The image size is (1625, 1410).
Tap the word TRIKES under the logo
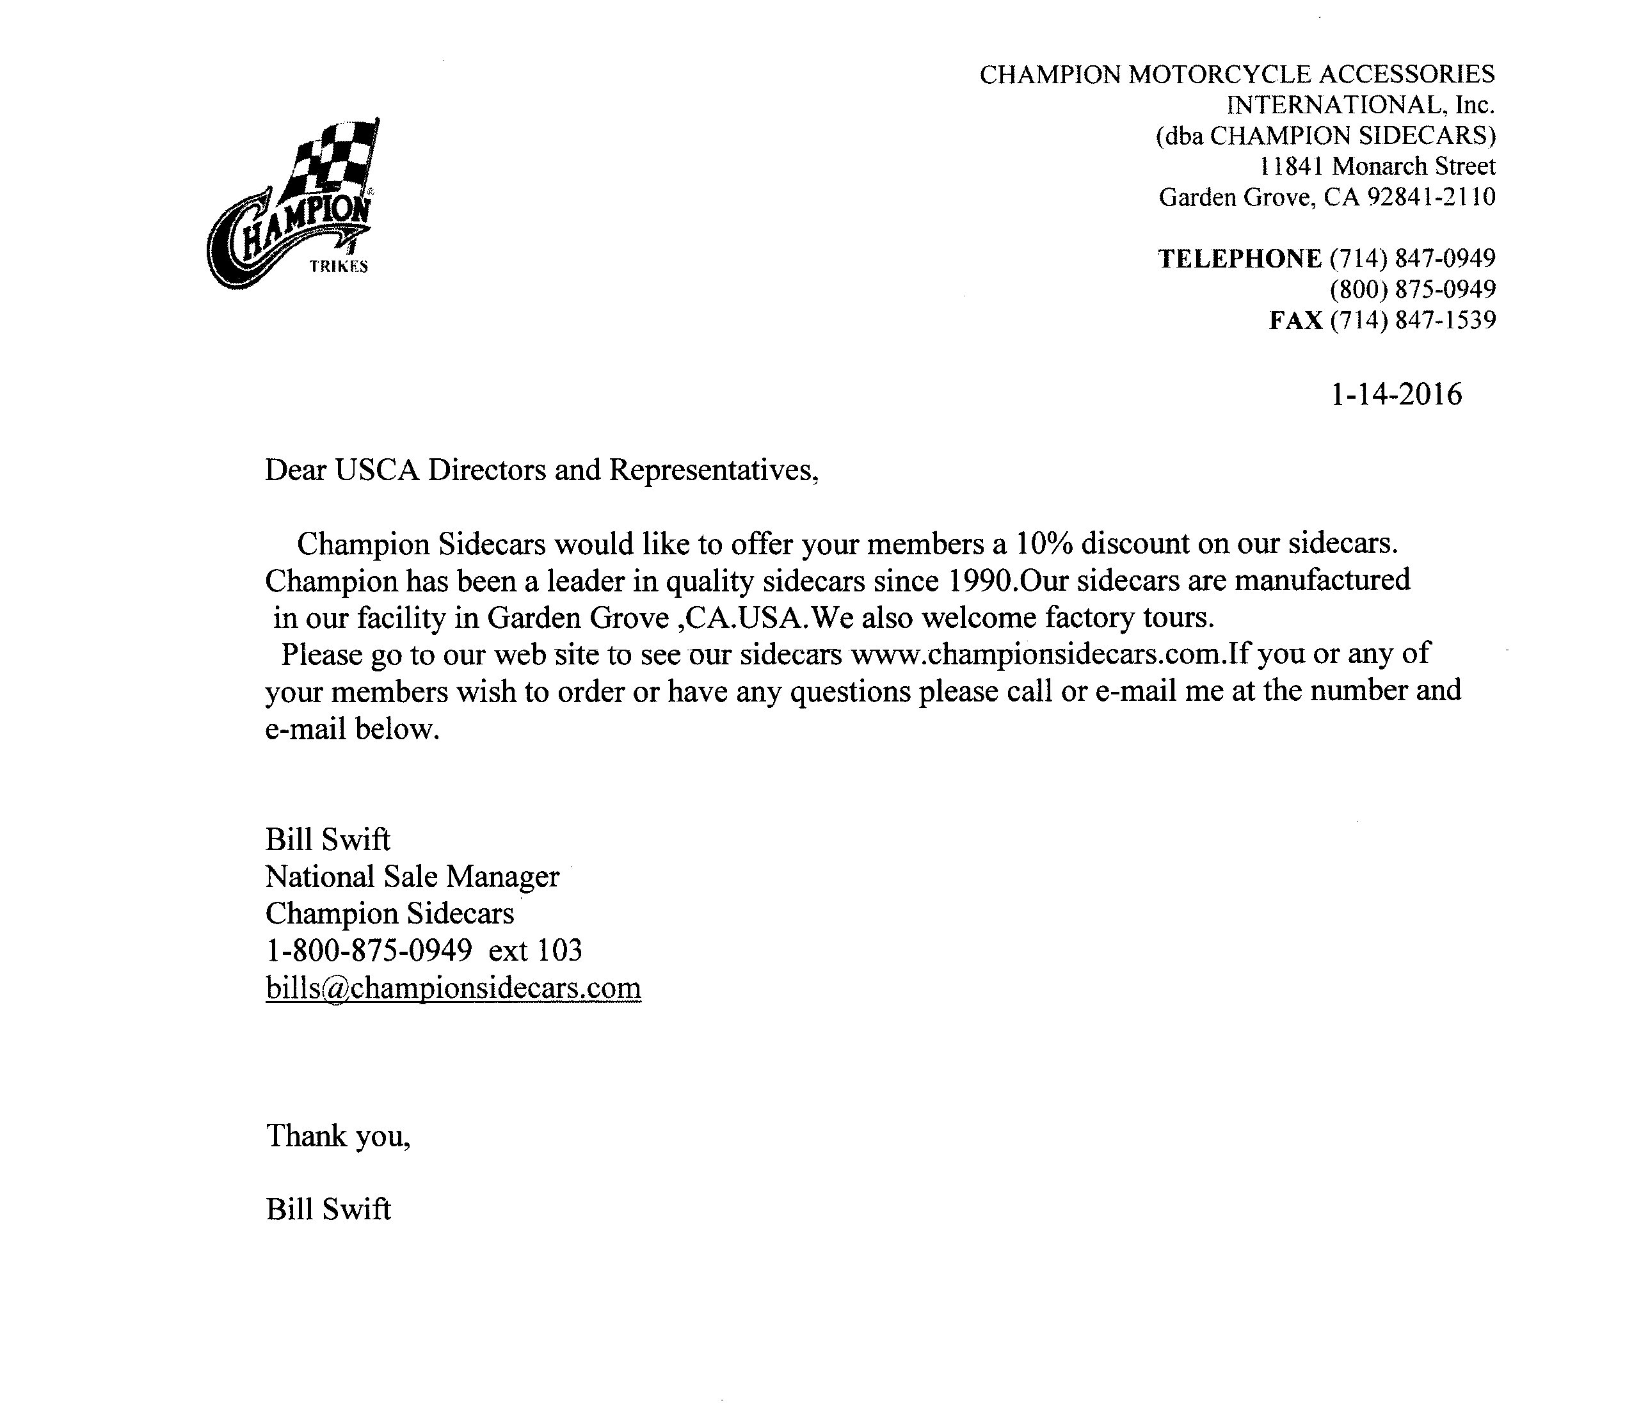click(x=339, y=267)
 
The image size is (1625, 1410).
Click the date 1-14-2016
click(x=1395, y=394)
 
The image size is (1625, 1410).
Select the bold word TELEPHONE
click(x=1240, y=258)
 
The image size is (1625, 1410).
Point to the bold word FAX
click(x=1295, y=319)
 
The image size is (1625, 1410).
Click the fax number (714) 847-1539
click(x=1413, y=319)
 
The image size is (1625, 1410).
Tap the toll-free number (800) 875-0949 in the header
click(x=1413, y=289)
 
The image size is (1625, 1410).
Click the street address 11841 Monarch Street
click(x=1377, y=166)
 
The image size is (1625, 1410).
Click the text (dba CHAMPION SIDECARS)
click(x=1325, y=135)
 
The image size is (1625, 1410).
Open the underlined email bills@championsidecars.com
click(x=453, y=988)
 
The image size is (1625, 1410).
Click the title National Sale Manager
click(x=412, y=876)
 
